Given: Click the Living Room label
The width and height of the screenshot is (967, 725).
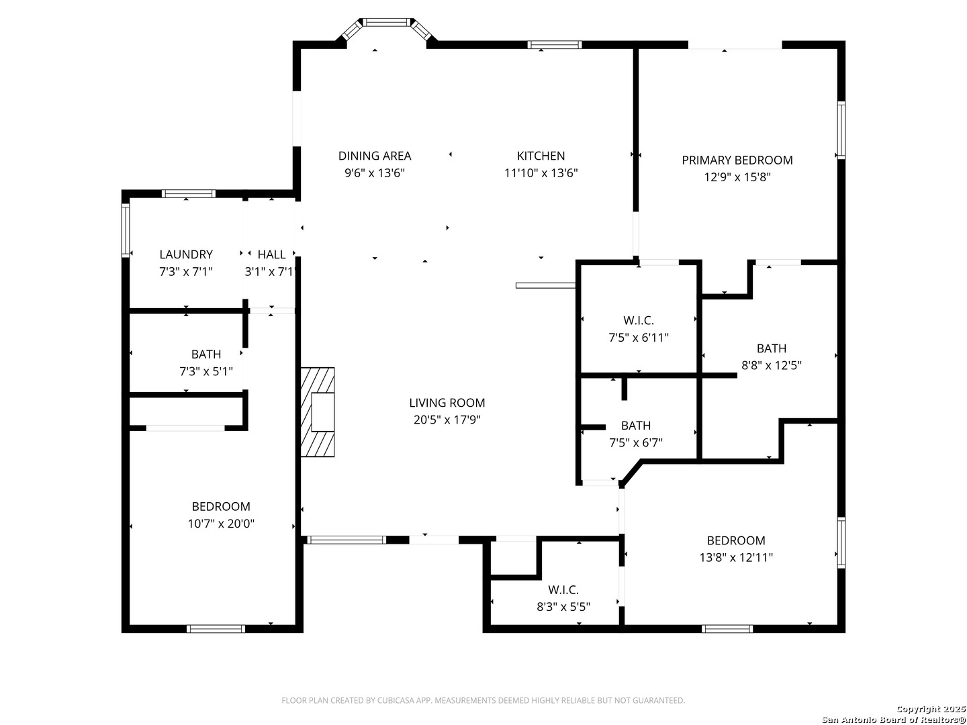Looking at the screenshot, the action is point(447,403).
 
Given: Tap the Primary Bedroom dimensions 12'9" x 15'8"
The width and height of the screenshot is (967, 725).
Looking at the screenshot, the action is point(737,177).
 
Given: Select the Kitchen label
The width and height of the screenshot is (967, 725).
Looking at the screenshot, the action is point(541,156).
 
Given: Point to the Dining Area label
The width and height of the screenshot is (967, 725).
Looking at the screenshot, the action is point(375,156).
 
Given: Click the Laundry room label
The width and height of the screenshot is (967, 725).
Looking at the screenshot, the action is point(186,254).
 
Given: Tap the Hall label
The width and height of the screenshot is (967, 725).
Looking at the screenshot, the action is point(271,254).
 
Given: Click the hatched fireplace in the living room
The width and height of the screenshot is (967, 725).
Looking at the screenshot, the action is point(317,412).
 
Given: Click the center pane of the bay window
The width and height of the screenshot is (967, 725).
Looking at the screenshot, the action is point(386,22).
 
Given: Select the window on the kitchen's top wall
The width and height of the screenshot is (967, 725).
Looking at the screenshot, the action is point(555,44).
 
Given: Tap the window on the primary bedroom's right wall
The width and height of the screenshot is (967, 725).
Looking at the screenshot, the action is point(841,130).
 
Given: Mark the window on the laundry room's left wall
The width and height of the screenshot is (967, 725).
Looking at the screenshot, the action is point(126,230).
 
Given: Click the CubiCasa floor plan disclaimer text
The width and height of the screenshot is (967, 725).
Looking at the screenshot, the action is point(483,700).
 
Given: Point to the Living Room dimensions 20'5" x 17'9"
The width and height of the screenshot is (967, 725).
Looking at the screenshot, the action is point(447,420).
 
